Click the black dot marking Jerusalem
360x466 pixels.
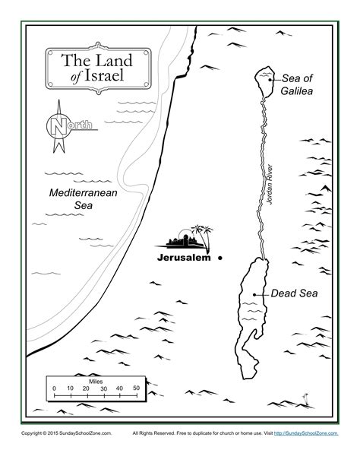219,258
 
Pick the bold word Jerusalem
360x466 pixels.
186,258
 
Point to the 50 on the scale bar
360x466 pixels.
137,388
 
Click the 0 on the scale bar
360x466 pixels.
54,388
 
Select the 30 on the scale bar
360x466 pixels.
103,388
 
